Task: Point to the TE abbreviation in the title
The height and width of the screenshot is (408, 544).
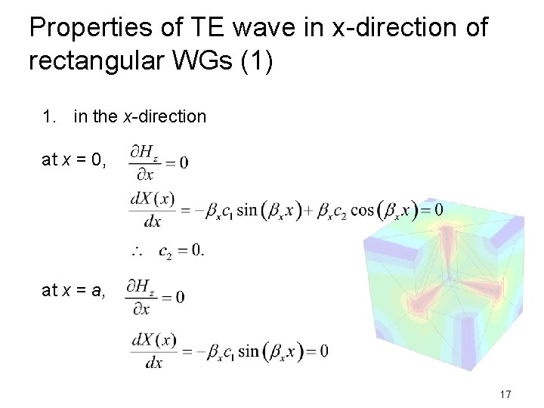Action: pyautogui.click(x=200, y=29)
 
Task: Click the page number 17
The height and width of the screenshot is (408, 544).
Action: pyautogui.click(x=506, y=394)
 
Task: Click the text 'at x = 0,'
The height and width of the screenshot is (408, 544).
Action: pyautogui.click(x=74, y=159)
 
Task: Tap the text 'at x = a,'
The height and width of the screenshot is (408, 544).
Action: pyautogui.click(x=74, y=290)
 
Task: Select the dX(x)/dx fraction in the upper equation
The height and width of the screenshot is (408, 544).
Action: pyautogui.click(x=153, y=209)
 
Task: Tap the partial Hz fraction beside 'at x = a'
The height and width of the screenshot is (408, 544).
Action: pyautogui.click(x=140, y=297)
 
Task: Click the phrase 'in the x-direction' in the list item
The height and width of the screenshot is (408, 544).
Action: pyautogui.click(x=140, y=116)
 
